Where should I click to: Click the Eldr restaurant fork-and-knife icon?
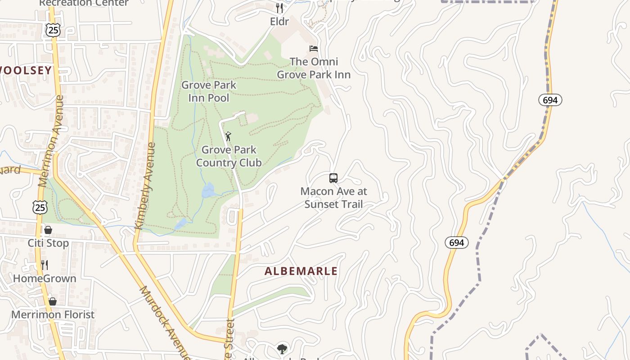tap(279, 8)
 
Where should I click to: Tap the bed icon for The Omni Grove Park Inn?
tap(314, 48)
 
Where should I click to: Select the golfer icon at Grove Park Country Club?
tap(229, 136)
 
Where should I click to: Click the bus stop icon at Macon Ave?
tap(333, 178)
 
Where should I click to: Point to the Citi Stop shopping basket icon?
tap(48, 230)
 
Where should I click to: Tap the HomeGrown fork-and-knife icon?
tap(45, 265)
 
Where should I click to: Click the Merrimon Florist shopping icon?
tap(53, 301)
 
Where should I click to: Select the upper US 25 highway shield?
tap(53, 30)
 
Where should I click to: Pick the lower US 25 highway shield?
tap(40, 207)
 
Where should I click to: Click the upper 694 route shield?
tap(550, 100)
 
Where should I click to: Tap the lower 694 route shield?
tap(457, 243)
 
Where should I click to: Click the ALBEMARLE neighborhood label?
tap(301, 271)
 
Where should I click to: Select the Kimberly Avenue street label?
tap(145, 186)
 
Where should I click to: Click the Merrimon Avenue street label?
tap(51, 141)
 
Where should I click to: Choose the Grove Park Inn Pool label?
tap(209, 91)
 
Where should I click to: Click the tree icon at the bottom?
tap(282, 349)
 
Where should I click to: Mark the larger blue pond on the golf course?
tap(208, 190)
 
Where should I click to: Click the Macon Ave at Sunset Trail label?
tap(334, 198)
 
